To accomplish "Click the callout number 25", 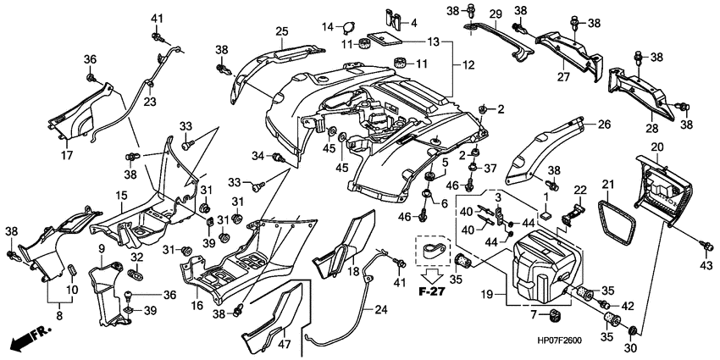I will (281, 32).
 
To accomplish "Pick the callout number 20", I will (656, 147).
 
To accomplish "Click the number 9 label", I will (101, 247).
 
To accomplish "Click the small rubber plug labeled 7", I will (556, 316).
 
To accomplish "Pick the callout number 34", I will (256, 155).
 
